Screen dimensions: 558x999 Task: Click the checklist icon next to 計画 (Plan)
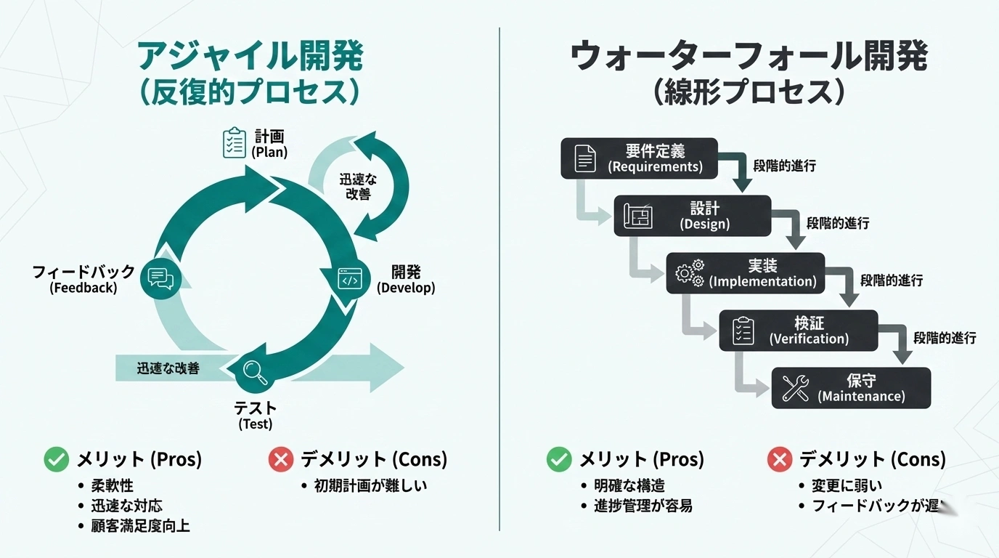click(x=234, y=143)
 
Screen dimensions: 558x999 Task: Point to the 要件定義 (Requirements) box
click(x=639, y=158)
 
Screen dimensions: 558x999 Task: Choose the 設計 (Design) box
click(x=692, y=216)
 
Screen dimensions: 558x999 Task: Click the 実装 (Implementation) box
click(x=745, y=273)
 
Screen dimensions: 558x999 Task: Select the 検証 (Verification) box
click(x=798, y=331)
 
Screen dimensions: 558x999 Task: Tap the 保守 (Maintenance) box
click(x=850, y=388)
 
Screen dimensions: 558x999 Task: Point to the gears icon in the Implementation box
click(x=690, y=273)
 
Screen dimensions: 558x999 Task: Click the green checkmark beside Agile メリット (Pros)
click(x=56, y=459)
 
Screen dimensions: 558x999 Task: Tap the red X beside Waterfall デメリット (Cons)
click(x=779, y=459)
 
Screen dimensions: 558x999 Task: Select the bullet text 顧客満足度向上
click(x=140, y=525)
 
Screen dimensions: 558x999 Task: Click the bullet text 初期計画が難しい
click(x=370, y=485)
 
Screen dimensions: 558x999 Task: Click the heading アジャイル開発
click(x=250, y=56)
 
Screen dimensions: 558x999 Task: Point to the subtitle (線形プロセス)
click(x=749, y=92)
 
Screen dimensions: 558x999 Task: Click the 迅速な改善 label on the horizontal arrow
click(x=168, y=368)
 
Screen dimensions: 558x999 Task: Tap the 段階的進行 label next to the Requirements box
click(x=784, y=166)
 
